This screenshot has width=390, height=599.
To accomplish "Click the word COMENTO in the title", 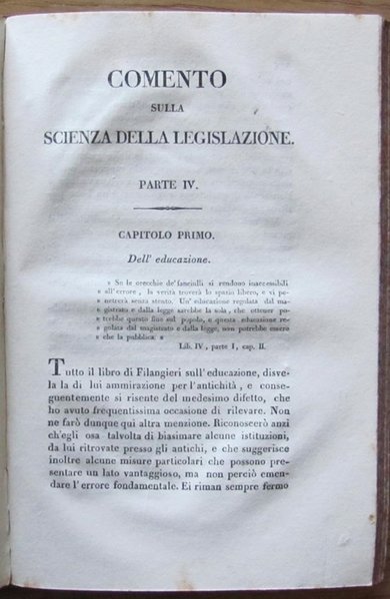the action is (x=169, y=80).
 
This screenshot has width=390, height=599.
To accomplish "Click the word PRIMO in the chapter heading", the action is (x=202, y=236).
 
